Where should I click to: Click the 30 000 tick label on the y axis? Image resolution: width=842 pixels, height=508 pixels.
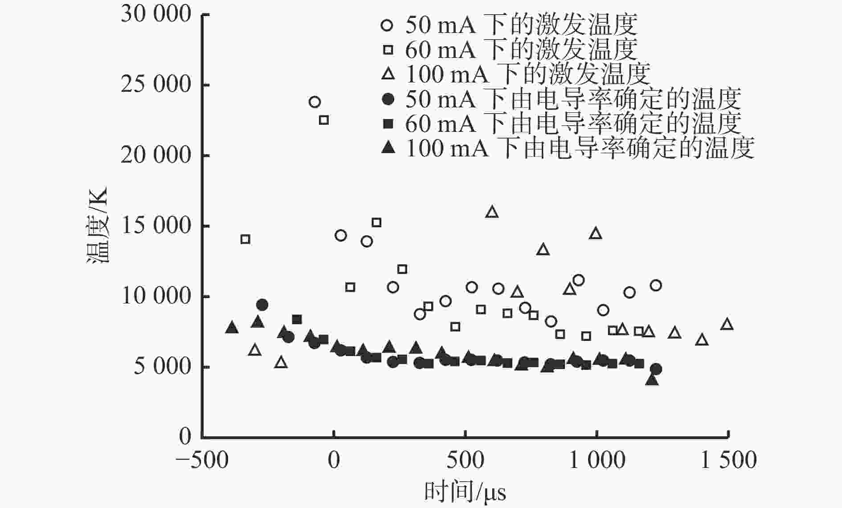[x=155, y=14]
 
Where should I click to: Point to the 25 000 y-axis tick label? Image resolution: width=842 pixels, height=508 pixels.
[x=155, y=84]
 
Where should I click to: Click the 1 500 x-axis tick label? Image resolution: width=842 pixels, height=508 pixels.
[x=728, y=460]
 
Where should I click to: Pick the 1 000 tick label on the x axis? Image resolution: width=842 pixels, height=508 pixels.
[x=597, y=460]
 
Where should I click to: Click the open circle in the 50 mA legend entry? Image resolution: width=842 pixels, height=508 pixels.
[x=388, y=25]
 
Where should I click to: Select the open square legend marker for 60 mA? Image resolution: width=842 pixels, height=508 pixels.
[x=388, y=49]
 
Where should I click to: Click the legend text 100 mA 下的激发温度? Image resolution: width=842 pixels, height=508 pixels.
[x=528, y=74]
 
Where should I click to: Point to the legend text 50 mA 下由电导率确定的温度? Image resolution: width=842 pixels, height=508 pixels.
[x=573, y=99]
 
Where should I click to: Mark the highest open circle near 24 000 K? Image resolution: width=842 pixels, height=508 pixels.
[x=315, y=102]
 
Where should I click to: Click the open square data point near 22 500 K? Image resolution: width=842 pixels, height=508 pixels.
[x=324, y=120]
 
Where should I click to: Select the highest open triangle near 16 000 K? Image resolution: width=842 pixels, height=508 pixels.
[x=492, y=212]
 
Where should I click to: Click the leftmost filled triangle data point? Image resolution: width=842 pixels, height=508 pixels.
[x=232, y=328]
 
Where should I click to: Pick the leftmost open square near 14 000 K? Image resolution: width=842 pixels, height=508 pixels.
[x=245, y=239]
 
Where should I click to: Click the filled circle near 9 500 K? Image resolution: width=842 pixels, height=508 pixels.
[x=262, y=305]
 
